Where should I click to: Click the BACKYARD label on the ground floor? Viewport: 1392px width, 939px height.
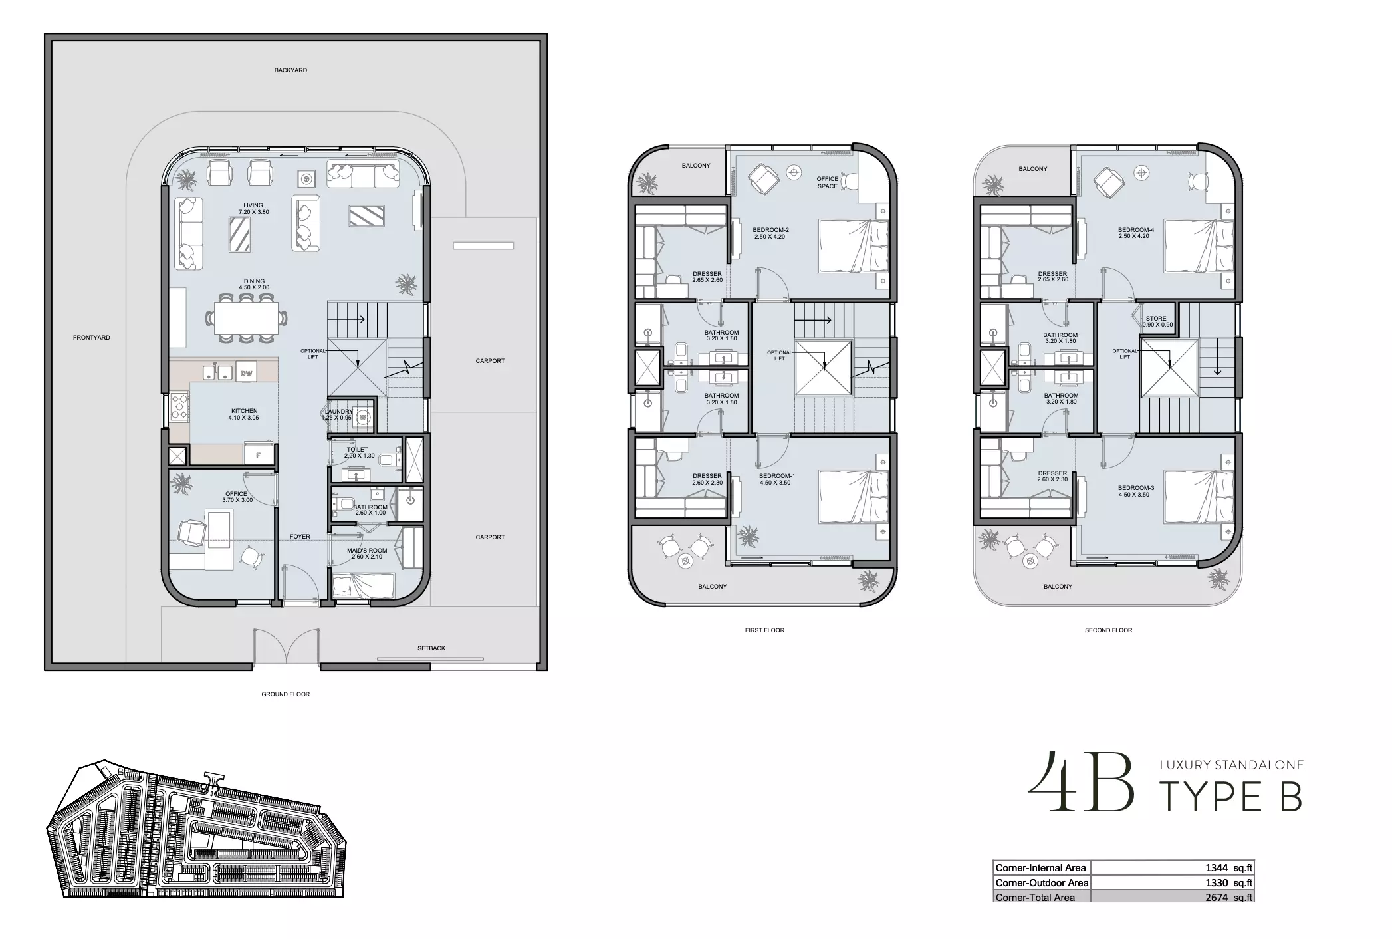click(x=290, y=70)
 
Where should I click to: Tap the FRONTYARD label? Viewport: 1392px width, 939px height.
click(x=92, y=338)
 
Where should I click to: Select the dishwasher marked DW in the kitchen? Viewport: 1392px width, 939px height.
click(x=246, y=374)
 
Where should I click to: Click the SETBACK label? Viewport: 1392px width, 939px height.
click(x=431, y=648)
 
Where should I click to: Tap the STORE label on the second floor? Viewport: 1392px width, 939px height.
click(x=1156, y=319)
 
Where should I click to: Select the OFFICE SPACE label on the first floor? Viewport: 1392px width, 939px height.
click(x=828, y=183)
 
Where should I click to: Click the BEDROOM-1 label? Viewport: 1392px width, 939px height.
click(x=777, y=476)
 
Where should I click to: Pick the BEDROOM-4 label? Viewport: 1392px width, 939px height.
click(x=1136, y=230)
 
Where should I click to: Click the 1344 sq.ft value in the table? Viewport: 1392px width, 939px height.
click(x=1228, y=868)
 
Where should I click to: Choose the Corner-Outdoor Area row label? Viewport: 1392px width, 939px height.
click(x=1042, y=883)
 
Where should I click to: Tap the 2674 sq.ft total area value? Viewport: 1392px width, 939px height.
click(x=1228, y=898)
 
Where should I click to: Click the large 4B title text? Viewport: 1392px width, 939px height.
click(x=1081, y=783)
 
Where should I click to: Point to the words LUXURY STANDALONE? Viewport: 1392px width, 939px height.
click(x=1232, y=765)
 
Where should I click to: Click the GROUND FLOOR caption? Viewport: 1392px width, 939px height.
click(x=285, y=694)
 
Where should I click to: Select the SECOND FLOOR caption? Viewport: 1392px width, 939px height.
click(x=1108, y=630)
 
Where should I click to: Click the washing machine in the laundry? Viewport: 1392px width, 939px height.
click(x=363, y=418)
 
